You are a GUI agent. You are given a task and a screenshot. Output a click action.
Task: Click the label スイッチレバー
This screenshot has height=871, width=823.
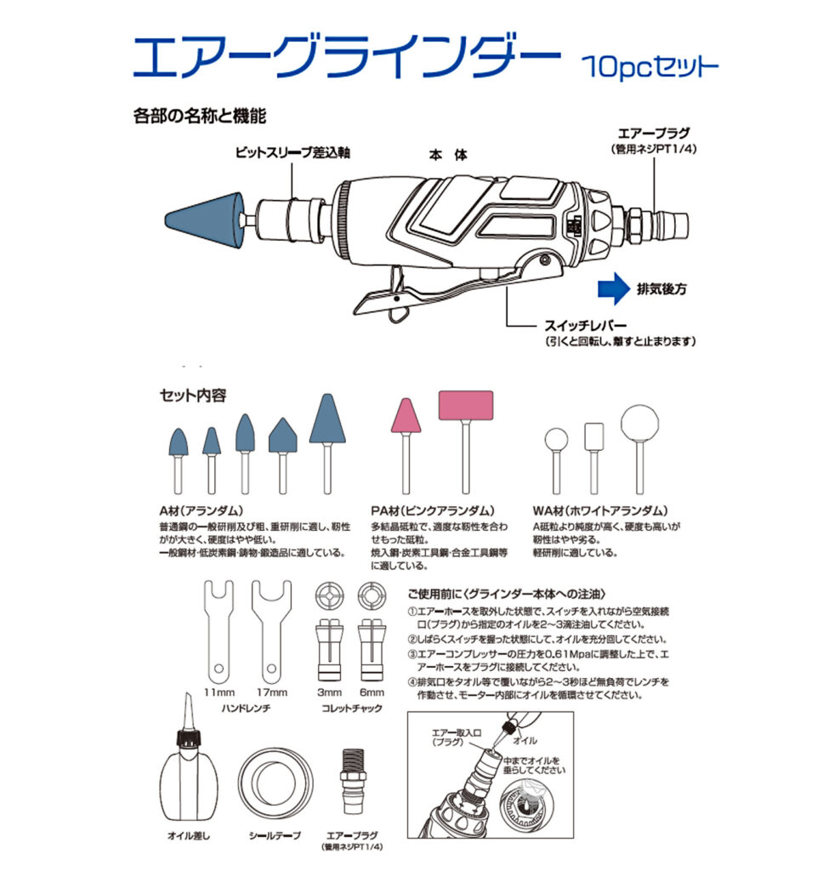point(585,326)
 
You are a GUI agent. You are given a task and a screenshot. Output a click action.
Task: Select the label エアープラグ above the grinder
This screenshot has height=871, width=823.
point(654,134)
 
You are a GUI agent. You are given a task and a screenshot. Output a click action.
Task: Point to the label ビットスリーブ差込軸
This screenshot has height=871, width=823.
point(292,152)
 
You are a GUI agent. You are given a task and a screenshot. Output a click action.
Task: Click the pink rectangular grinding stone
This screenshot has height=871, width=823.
point(466,405)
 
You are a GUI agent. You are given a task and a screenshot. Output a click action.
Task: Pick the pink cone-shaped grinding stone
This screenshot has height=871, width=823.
point(406,415)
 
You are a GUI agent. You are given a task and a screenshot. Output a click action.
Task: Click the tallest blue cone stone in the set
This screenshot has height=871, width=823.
point(327,419)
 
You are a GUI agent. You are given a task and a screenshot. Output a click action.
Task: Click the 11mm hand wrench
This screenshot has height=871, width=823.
point(219,632)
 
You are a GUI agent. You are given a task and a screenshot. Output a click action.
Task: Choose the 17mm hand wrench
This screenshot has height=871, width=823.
point(271,632)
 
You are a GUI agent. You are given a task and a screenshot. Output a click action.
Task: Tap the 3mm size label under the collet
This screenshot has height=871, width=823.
point(329,692)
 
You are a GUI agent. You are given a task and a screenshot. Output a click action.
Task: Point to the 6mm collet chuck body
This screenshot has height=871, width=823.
point(372,650)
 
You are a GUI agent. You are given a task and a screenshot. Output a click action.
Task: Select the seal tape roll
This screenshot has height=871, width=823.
point(275,783)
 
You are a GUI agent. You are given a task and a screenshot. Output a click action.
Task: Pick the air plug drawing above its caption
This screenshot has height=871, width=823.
point(352,781)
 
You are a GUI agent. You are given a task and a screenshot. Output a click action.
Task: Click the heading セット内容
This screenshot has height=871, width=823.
point(193,396)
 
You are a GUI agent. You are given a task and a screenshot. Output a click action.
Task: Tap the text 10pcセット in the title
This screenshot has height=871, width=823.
point(650,65)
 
